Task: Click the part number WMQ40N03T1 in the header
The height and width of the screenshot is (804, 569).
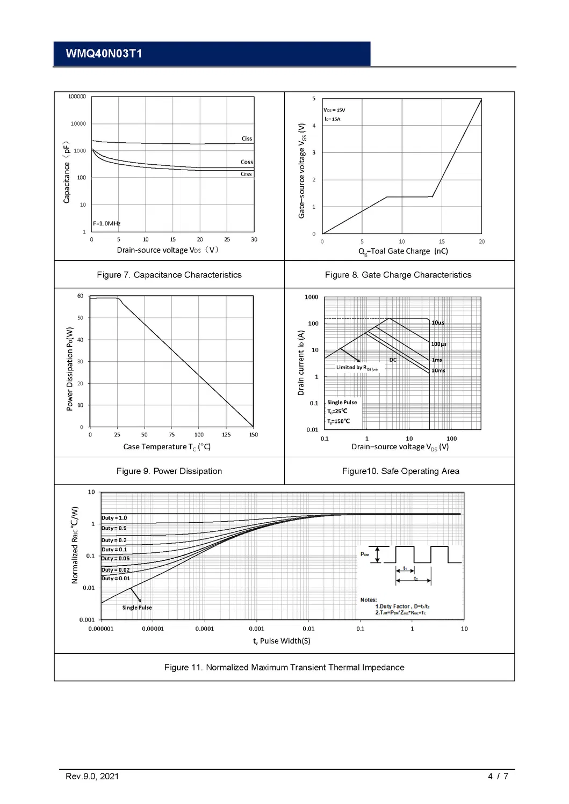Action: click(x=104, y=54)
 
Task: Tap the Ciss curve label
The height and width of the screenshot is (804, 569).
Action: click(x=247, y=138)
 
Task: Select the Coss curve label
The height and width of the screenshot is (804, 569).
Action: click(x=247, y=162)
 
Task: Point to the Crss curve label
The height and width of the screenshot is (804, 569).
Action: click(x=246, y=174)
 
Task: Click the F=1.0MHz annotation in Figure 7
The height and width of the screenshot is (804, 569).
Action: click(x=107, y=223)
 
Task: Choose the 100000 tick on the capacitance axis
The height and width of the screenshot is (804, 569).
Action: click(x=77, y=97)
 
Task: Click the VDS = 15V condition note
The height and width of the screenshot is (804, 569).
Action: click(x=334, y=110)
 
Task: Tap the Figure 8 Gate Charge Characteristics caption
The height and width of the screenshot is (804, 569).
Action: click(x=398, y=275)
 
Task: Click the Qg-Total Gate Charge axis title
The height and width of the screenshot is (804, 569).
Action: click(x=403, y=251)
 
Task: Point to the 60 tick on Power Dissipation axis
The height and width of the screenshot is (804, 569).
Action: click(x=80, y=296)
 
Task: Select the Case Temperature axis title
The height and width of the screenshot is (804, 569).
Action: click(x=167, y=447)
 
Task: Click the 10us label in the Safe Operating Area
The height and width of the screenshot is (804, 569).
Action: click(x=438, y=323)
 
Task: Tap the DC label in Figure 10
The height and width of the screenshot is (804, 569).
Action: click(x=393, y=360)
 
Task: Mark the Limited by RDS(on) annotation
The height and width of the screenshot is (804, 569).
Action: click(x=357, y=368)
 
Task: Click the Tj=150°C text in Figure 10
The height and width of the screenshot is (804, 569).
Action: click(x=338, y=421)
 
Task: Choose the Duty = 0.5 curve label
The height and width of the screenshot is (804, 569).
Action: click(x=114, y=528)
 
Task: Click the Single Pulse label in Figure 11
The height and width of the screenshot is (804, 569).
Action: click(x=137, y=608)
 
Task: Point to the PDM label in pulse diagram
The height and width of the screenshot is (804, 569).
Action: click(x=365, y=554)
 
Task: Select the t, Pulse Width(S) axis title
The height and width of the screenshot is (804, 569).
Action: click(x=282, y=641)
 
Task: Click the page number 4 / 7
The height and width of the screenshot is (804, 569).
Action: click(x=498, y=776)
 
